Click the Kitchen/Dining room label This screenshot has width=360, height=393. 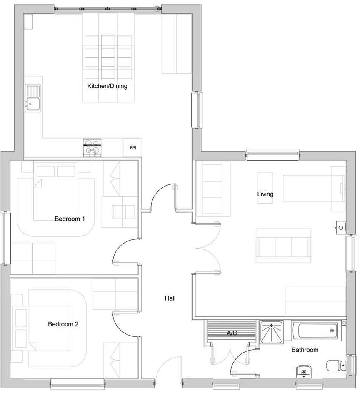point(107,87)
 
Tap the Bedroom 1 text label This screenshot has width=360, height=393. point(70,219)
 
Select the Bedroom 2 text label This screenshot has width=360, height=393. point(63,324)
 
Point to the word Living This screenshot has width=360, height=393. point(265,194)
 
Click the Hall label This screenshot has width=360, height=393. point(170,298)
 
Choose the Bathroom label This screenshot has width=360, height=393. point(305,350)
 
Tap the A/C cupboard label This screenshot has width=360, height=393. point(232,333)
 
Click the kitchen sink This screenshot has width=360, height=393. point(32,98)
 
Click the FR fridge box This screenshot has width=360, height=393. point(132,148)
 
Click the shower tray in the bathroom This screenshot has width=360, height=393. point(271,332)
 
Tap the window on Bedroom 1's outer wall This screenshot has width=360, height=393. point(5,237)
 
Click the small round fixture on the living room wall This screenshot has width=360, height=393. point(341,227)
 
